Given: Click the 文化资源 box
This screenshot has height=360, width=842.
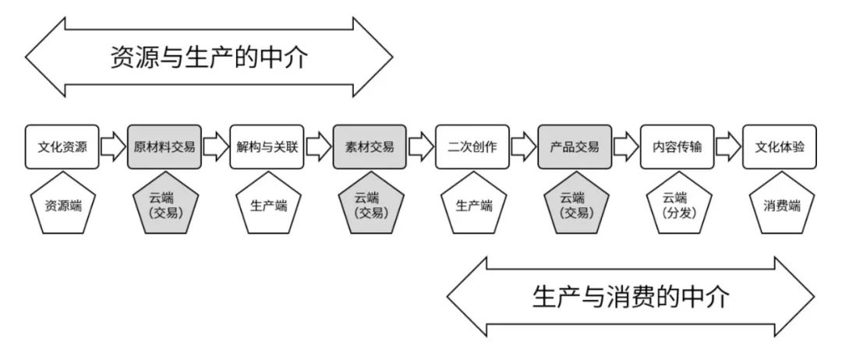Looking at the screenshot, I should tap(62, 146).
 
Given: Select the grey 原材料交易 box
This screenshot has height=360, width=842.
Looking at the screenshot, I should tap(165, 146).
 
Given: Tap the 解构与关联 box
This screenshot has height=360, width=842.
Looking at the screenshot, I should tap(267, 146).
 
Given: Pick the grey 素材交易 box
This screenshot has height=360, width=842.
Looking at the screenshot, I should tap(370, 146).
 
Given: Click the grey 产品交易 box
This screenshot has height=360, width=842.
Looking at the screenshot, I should tap(575, 146).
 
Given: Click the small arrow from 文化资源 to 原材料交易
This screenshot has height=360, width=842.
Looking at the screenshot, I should tap(114, 146).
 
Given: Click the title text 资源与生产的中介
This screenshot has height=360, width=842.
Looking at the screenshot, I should tap(210, 58).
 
